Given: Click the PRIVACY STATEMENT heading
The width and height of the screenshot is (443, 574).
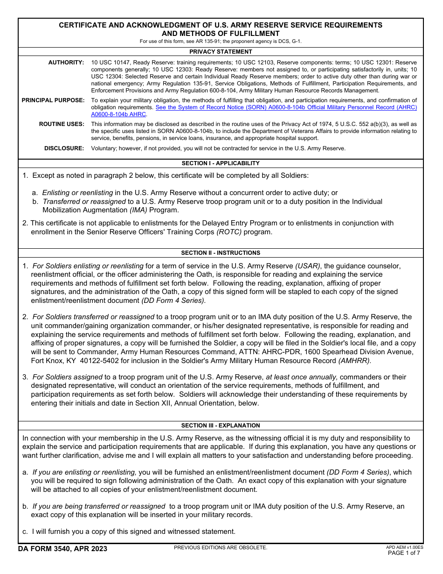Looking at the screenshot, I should tap(221, 52).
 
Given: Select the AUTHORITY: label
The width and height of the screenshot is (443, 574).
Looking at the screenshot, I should tap(66, 63).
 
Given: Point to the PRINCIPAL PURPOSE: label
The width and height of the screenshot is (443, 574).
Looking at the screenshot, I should tap(53, 100).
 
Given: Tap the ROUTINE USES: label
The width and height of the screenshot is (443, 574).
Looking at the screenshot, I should tap(62, 124).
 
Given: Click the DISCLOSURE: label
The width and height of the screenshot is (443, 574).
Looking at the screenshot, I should tap(64, 148).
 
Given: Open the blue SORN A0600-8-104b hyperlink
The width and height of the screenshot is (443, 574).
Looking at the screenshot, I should tap(286, 107).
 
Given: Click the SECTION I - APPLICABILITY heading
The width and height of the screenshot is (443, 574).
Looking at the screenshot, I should tap(221, 163).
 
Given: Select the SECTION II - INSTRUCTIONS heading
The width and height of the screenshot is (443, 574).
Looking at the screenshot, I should tap(221, 253).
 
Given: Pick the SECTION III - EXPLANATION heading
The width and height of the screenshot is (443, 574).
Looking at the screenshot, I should tap(221, 426).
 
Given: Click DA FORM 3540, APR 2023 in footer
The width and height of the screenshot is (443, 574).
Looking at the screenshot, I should tap(62, 549).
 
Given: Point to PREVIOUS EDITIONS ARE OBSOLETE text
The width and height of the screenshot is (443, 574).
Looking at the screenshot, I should tap(221, 547).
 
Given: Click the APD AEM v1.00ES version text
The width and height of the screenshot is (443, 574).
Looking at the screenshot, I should tap(404, 547).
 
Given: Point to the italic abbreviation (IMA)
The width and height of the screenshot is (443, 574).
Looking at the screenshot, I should tap(138, 210).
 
